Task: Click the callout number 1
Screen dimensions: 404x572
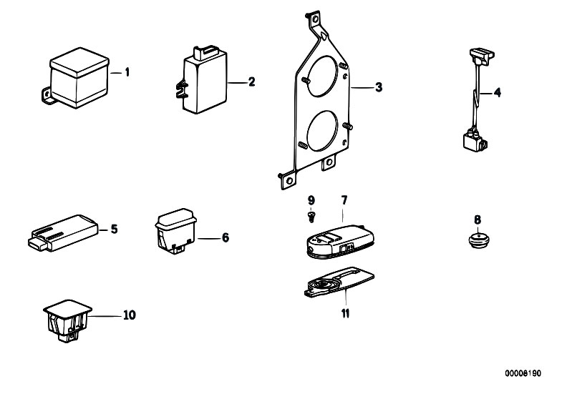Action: [127, 72]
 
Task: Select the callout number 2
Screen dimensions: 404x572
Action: [251, 82]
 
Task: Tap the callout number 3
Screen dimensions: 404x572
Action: [379, 87]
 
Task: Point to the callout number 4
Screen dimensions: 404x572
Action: [498, 92]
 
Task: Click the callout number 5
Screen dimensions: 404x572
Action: [113, 230]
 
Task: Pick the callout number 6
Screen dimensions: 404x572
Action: [225, 237]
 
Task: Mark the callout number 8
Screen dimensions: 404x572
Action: [478, 219]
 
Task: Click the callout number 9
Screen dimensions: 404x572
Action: [311, 199]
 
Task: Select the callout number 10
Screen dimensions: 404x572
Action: [129, 314]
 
